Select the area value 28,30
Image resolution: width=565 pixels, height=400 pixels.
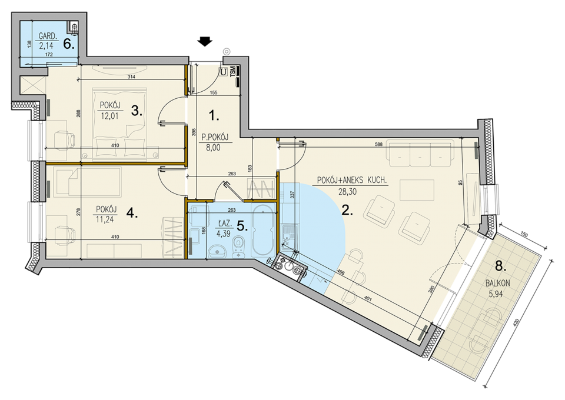pyautogui.click(x=347, y=192)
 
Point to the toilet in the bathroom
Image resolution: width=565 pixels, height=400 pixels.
pyautogui.click(x=238, y=247)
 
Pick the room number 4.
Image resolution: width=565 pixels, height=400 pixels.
pyautogui.click(x=132, y=214)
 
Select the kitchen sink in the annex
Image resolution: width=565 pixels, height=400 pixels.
pyautogui.click(x=289, y=232)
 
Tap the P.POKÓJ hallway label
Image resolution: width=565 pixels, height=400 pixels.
pyautogui.click(x=215, y=136)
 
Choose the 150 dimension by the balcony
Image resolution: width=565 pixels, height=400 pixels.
pyautogui.click(x=524, y=235)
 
